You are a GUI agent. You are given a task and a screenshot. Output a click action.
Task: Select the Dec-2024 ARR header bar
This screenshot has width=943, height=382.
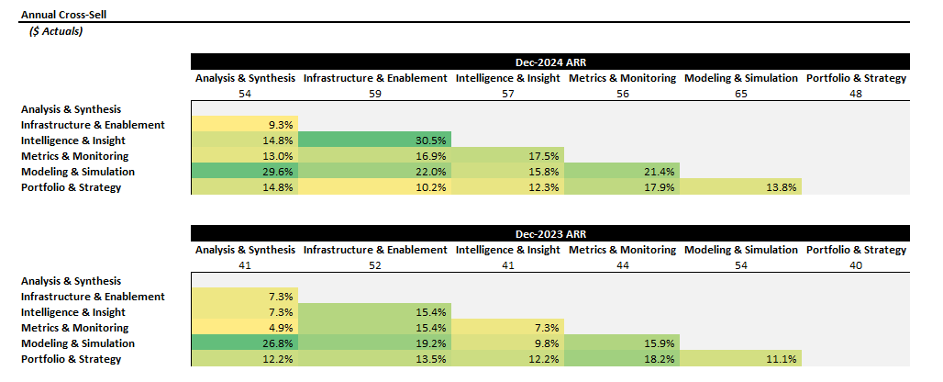pyautogui.click(x=550, y=62)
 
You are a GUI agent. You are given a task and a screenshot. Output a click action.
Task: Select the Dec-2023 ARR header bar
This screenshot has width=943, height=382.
pyautogui.click(x=550, y=234)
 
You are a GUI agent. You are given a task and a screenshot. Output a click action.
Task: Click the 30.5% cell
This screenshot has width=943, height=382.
pyautogui.click(x=375, y=140)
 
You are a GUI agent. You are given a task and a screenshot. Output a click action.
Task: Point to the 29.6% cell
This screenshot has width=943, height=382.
pyautogui.click(x=245, y=172)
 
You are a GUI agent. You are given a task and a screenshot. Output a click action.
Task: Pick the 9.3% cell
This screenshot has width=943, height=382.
pyautogui.click(x=245, y=125)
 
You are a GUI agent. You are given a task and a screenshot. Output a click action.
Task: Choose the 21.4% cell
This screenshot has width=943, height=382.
pyautogui.click(x=622, y=172)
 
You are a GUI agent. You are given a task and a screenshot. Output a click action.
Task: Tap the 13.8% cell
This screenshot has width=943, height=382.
pyautogui.click(x=740, y=187)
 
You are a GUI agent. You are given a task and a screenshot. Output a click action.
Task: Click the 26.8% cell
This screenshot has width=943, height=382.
pyautogui.click(x=245, y=343)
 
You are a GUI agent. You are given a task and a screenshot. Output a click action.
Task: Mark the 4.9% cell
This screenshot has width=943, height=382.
pyautogui.click(x=245, y=328)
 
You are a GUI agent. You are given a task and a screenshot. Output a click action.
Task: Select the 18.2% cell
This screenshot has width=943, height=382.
pyautogui.click(x=622, y=359)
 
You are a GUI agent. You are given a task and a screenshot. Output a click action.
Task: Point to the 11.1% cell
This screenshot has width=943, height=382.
pyautogui.click(x=740, y=359)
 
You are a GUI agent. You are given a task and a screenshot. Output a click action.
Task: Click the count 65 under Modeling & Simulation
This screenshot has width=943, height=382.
pyautogui.click(x=740, y=94)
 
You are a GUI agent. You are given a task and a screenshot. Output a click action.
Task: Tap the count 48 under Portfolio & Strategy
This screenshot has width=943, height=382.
pyautogui.click(x=856, y=94)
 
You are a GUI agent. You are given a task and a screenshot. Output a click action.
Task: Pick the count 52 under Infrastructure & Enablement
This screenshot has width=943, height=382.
pyautogui.click(x=375, y=265)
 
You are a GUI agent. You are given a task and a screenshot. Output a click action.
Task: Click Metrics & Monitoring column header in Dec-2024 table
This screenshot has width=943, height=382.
pyautogui.click(x=622, y=78)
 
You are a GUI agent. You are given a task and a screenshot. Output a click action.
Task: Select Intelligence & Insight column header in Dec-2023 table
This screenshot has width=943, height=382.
pyautogui.click(x=507, y=250)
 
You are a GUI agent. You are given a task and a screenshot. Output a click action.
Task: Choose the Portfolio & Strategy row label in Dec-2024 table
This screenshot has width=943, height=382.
pyautogui.click(x=71, y=187)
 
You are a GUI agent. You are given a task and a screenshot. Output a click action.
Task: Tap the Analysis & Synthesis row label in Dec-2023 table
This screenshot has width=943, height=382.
pyautogui.click(x=71, y=281)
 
